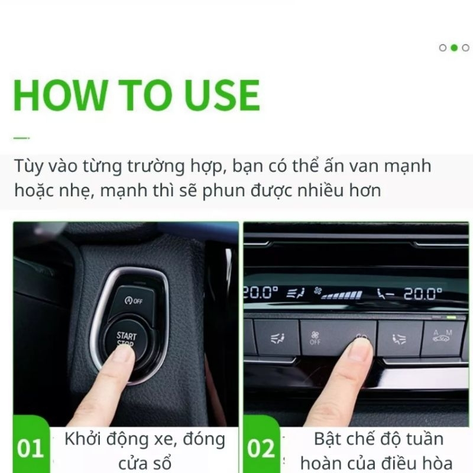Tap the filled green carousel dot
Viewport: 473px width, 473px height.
[454, 48]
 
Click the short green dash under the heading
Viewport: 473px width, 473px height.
[21, 138]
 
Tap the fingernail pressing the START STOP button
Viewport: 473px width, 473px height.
[124, 353]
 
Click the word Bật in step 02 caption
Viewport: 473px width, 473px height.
[330, 439]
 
